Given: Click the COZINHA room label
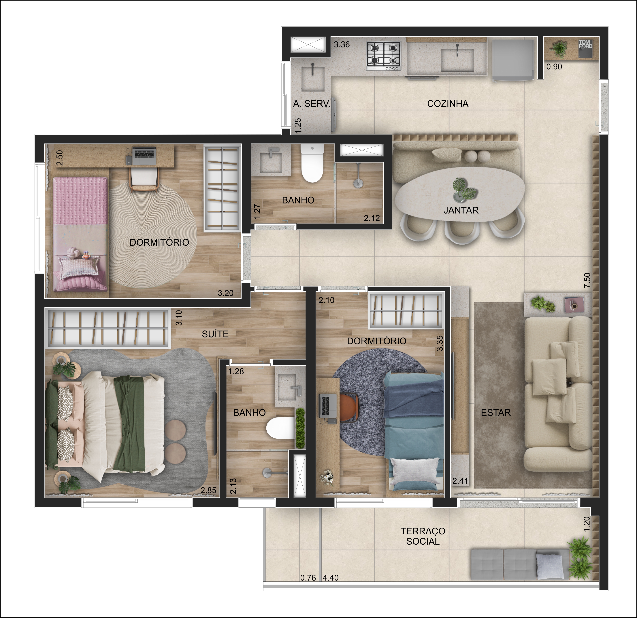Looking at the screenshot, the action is (x=448, y=104).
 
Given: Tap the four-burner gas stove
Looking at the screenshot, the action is (x=384, y=56).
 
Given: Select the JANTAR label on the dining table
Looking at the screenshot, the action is (x=461, y=210).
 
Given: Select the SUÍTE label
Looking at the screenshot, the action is (x=215, y=334).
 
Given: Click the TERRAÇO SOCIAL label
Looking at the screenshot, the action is (x=423, y=536).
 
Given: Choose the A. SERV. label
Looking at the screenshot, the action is (x=311, y=104).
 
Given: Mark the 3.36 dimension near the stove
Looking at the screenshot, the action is (x=342, y=44).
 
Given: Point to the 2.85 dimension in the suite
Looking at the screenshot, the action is (x=208, y=491).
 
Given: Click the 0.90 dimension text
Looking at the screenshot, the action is (x=554, y=67).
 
